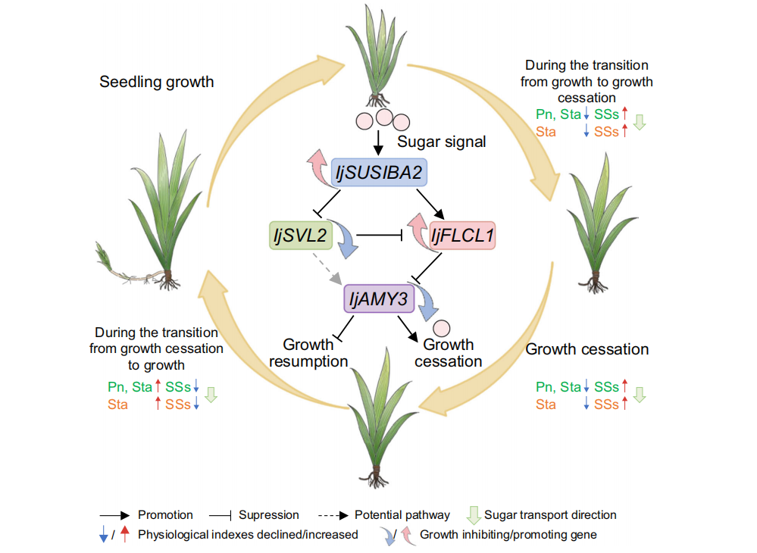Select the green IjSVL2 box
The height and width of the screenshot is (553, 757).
coord(300,236)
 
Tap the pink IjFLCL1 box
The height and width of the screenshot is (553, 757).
coord(462,237)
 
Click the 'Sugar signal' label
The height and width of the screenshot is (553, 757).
coord(442,142)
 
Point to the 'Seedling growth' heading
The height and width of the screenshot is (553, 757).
coord(157,82)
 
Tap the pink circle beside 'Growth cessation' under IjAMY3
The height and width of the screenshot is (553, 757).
coord(442,327)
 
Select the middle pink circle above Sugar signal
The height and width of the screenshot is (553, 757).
coord(384,117)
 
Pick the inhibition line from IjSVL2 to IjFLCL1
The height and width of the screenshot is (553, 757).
coord(379,237)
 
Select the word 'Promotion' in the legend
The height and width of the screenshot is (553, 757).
coord(165,515)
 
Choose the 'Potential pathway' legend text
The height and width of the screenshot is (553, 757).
coord(402,515)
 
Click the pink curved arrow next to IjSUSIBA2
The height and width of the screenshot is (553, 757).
coord(318,163)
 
